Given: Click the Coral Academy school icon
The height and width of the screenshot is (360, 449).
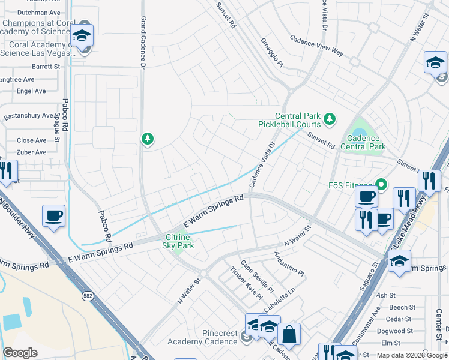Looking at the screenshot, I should tap(82, 35).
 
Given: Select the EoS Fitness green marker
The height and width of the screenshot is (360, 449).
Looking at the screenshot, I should tap(380, 183).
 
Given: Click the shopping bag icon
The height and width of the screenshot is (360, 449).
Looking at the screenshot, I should tap(289, 334).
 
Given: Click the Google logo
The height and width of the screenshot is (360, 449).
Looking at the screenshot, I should tap(20, 352).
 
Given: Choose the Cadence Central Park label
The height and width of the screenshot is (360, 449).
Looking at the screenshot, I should tap(363, 142).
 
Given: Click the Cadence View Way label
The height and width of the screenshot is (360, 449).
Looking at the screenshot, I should tap(316, 45).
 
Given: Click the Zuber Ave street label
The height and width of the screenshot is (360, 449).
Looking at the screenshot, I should tap(32, 152).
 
